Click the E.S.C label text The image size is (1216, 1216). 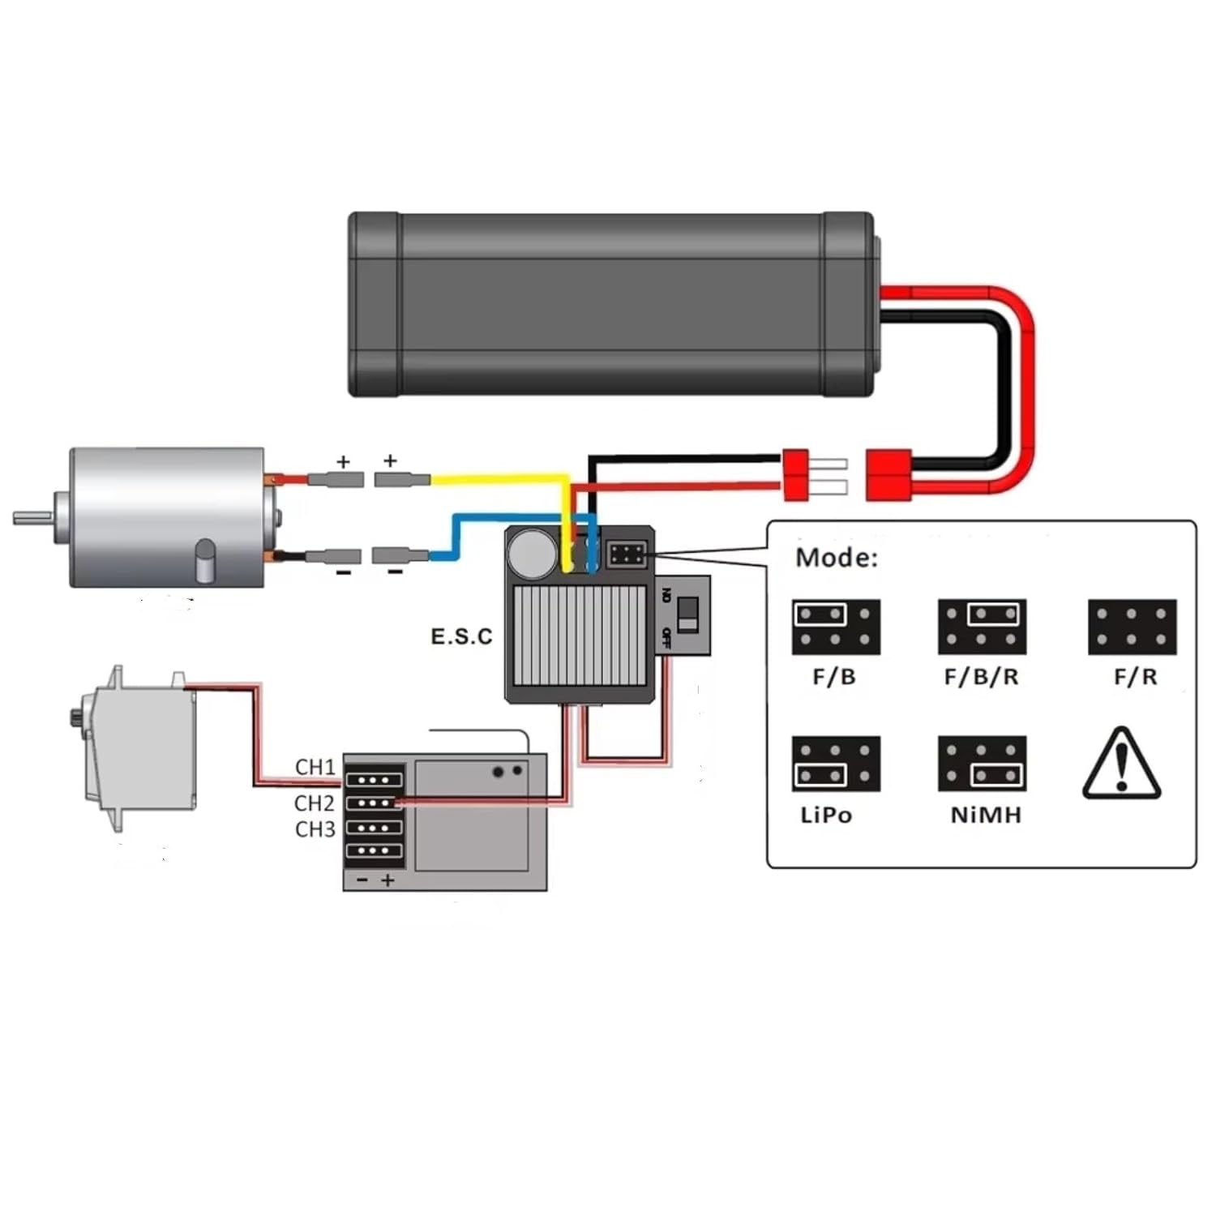[x=461, y=636]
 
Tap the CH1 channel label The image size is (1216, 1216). [x=315, y=767]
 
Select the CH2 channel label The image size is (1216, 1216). [x=315, y=803]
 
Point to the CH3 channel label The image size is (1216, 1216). [x=315, y=829]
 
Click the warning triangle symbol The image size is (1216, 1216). [x=1122, y=764]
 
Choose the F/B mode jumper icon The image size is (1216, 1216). [x=836, y=627]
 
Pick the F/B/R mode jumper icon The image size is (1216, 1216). [x=982, y=627]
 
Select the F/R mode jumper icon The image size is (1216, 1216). [x=1132, y=627]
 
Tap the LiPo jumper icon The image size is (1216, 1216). [x=836, y=764]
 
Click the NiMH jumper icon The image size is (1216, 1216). [x=982, y=764]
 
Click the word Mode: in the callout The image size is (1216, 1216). [x=836, y=558]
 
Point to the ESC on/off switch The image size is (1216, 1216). [x=687, y=614]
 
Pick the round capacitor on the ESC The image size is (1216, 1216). [x=531, y=554]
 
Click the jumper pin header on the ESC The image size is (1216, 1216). [x=627, y=555]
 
